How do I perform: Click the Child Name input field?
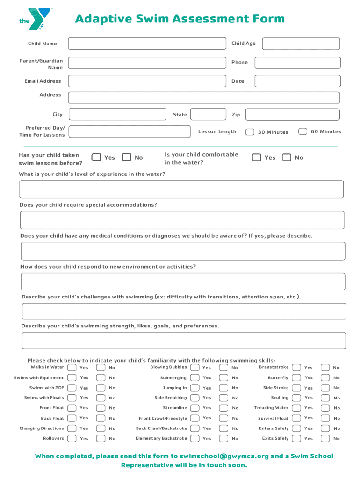(146, 44)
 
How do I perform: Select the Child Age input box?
(301, 44)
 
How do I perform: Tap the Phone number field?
(301, 63)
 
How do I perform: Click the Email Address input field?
(146, 81)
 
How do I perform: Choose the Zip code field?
(293, 115)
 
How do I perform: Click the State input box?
(208, 115)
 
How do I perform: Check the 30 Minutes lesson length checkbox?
(250, 132)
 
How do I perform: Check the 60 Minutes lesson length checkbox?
(302, 131)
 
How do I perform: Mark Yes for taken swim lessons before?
(96, 158)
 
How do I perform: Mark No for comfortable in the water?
(287, 158)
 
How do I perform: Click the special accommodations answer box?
(182, 220)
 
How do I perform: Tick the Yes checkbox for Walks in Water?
(72, 367)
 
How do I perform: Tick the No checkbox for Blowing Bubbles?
(223, 367)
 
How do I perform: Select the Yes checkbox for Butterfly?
(296, 377)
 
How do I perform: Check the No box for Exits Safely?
(325, 438)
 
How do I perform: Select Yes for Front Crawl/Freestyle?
(194, 418)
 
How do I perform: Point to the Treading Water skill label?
(271, 408)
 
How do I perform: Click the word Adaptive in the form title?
(103, 19)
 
